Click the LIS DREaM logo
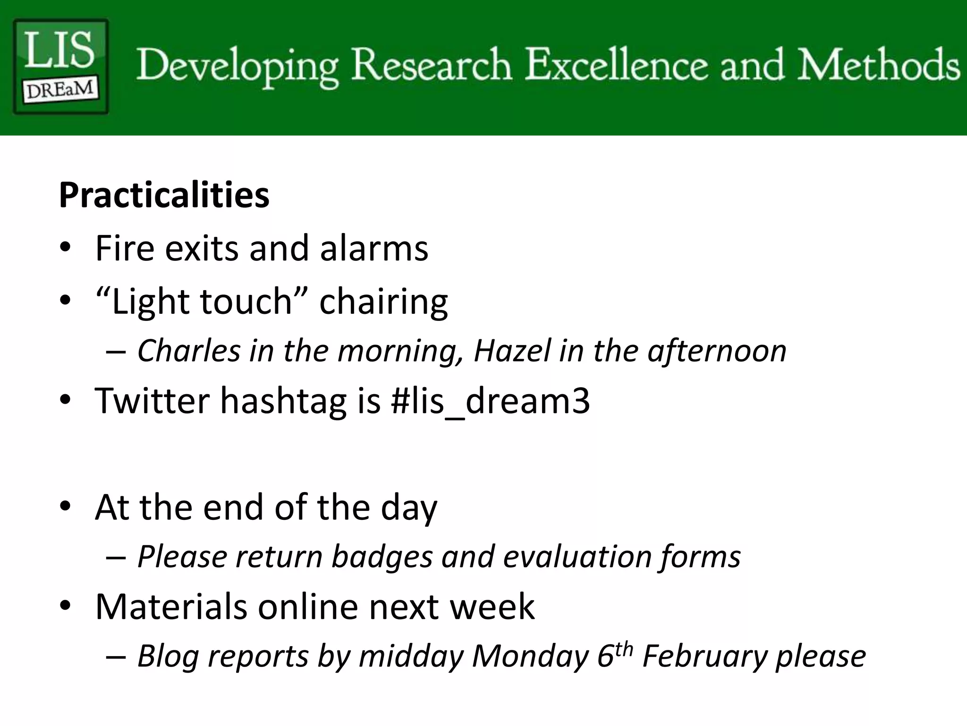[x=60, y=66]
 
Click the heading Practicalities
[x=164, y=195]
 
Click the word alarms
[x=373, y=248]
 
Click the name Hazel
[x=512, y=351]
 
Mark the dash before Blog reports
[x=116, y=657]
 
